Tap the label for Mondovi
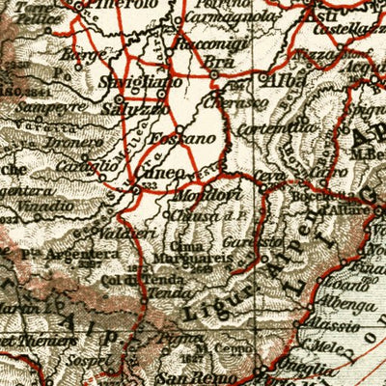197,195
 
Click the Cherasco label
250,102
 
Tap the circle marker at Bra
212,73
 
